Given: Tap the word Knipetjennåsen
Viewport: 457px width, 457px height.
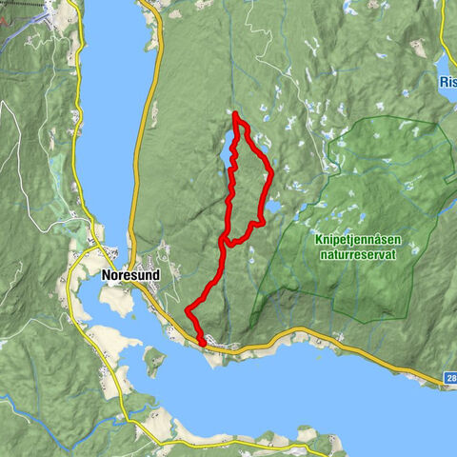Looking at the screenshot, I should pos(355,241).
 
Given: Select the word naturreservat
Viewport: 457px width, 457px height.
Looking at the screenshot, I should pos(355,254).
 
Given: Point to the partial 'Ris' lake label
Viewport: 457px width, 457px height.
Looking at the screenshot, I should pos(447,83).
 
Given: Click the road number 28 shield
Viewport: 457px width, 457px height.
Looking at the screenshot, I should pos(449,379).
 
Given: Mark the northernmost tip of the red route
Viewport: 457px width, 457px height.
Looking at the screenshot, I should pos(235,114).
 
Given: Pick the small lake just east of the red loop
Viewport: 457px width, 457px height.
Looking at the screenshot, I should pos(271,207).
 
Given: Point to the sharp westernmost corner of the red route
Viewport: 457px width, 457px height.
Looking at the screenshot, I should pos(187,310).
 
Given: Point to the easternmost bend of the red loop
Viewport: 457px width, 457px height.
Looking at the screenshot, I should pos(271,173).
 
